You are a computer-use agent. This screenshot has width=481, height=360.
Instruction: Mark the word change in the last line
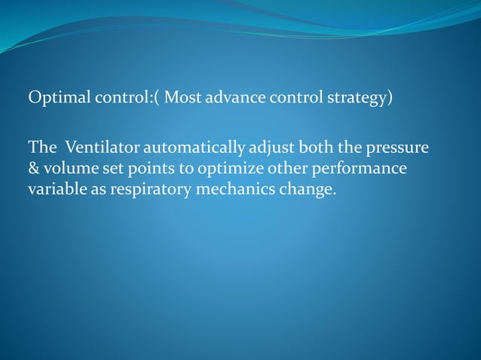(306, 188)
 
